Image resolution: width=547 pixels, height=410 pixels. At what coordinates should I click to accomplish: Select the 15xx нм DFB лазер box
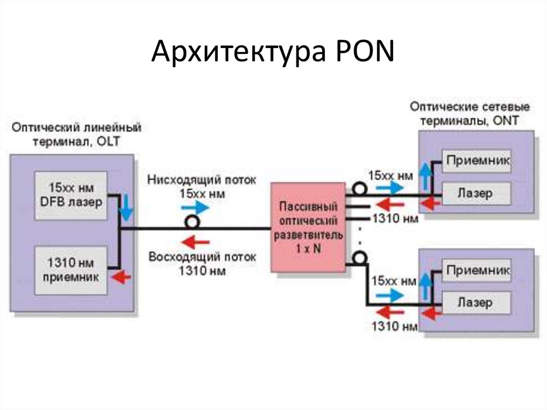tap(72, 196)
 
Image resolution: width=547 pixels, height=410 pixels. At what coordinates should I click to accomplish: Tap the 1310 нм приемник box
tap(72, 270)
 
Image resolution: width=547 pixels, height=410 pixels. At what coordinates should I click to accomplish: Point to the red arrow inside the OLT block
tap(124, 277)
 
